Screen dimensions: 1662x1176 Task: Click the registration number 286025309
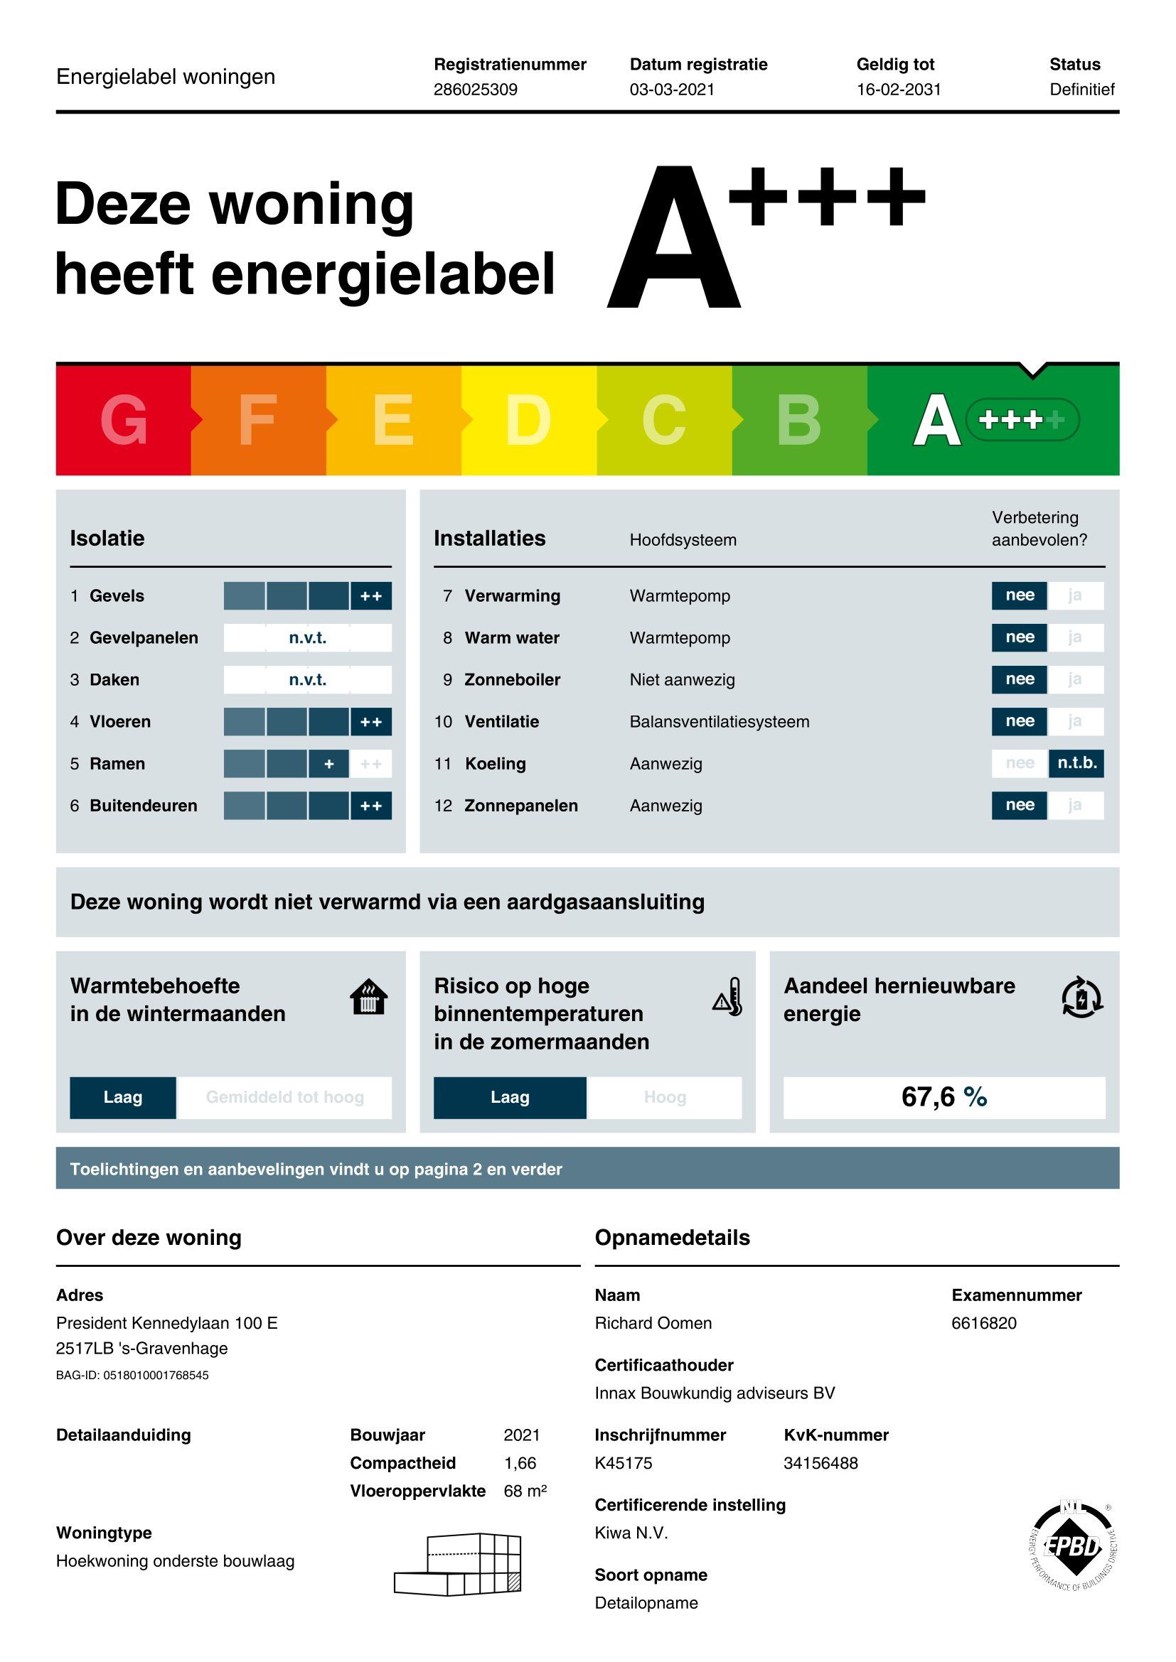point(475,90)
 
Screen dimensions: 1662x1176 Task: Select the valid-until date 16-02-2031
point(898,90)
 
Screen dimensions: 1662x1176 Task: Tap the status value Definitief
point(1081,90)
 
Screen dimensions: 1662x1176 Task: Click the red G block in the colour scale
point(123,421)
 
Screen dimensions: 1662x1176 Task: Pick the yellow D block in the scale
point(528,421)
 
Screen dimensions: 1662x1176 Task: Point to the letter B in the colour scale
point(798,421)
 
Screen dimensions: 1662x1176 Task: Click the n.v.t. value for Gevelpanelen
point(307,637)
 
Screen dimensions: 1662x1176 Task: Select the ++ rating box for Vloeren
point(370,722)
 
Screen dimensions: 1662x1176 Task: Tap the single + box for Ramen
point(328,764)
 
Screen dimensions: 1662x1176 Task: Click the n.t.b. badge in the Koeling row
point(1076,763)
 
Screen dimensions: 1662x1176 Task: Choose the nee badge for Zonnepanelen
point(1019,805)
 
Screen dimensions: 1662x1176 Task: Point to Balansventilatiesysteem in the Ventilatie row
point(719,722)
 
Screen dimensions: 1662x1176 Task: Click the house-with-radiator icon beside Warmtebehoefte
point(368,998)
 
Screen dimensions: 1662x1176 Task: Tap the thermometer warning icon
point(728,998)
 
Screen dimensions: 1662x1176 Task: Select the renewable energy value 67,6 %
point(944,1097)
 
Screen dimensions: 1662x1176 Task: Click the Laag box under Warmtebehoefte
point(122,1097)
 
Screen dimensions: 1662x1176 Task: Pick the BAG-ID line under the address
point(132,1376)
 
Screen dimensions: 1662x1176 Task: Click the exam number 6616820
point(983,1323)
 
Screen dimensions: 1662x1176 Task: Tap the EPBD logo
point(1073,1546)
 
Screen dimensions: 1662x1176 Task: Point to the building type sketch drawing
point(459,1563)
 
